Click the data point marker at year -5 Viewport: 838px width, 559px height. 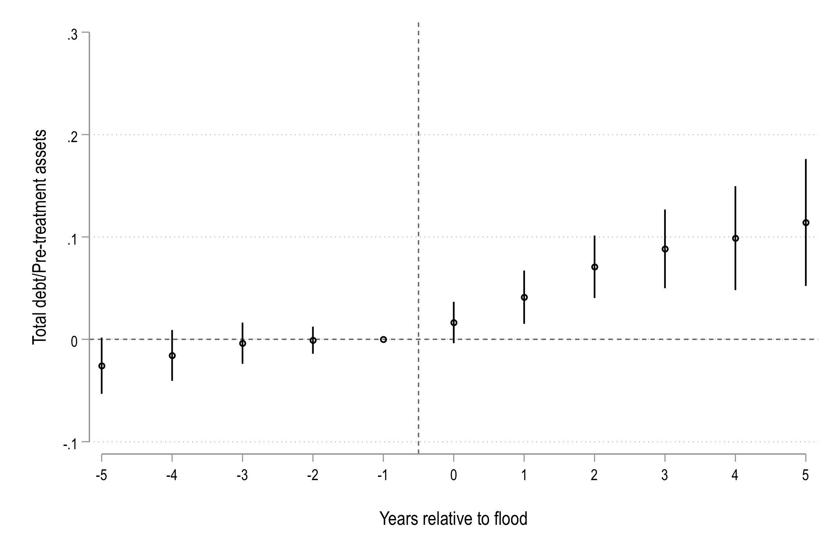coord(102,366)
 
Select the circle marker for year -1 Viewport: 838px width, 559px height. coord(383,339)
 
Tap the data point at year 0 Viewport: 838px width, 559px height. coord(453,323)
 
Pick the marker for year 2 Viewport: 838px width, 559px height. coord(594,267)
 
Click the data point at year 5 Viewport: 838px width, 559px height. coord(806,223)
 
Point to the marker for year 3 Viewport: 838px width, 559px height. coord(665,249)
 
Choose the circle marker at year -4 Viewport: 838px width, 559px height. coord(172,355)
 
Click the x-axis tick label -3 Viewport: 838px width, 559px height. coord(242,476)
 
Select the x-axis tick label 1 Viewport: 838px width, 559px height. coord(524,476)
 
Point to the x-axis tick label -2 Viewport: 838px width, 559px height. coord(313,476)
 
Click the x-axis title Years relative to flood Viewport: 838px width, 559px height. coord(453,519)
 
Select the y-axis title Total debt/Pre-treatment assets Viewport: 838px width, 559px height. coord(40,237)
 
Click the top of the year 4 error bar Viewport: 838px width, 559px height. coord(735,187)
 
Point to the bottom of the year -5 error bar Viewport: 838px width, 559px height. coord(102,393)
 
